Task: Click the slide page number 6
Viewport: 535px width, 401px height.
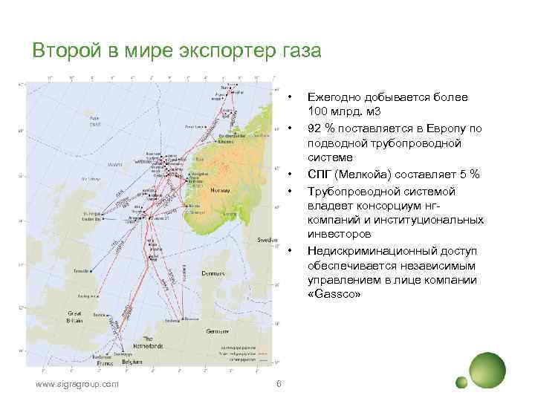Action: pyautogui.click(x=278, y=383)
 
